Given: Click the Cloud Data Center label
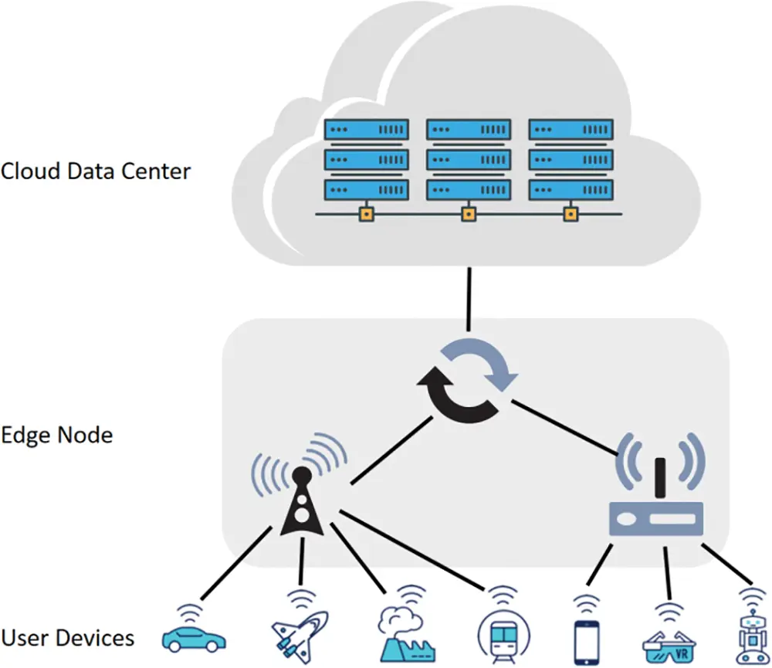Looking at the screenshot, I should tap(95, 171).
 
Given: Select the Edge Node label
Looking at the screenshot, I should tap(56, 435).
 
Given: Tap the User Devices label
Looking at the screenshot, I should tap(68, 639).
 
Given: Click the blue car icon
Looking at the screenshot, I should tap(194, 637).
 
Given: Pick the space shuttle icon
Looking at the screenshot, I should tap(300, 636).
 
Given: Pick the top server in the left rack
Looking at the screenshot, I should tap(366, 129).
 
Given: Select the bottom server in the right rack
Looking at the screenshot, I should tap(571, 190).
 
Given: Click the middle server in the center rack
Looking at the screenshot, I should tap(469, 160).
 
